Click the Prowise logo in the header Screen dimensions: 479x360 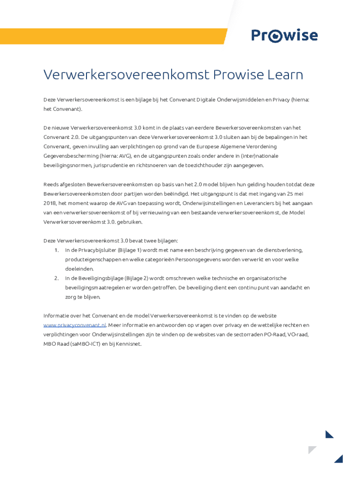coord(284,36)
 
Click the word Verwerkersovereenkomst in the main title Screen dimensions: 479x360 coord(126,75)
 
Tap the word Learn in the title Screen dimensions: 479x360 coord(283,75)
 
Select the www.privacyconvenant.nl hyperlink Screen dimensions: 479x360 coord(75,325)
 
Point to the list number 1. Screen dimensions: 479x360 coord(56,250)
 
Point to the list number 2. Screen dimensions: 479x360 coord(56,278)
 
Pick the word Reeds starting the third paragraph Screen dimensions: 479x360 coord(51,184)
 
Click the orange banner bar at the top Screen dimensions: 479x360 coord(112,36)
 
